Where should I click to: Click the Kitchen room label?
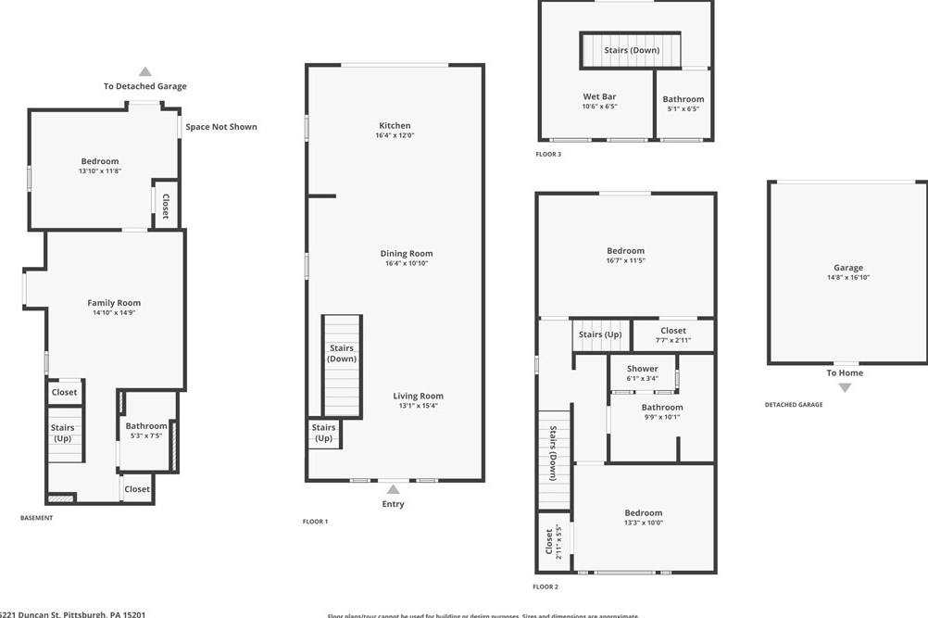click(395, 126)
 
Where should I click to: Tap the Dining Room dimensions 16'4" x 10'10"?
click(407, 264)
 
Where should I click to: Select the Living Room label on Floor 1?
click(418, 396)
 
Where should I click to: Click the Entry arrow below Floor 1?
click(394, 489)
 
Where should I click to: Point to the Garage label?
click(847, 268)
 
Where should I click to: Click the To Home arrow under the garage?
click(845, 387)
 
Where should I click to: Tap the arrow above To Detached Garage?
click(144, 71)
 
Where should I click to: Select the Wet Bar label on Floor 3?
click(599, 96)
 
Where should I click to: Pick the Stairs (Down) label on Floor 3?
click(632, 50)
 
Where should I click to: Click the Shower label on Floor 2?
click(642, 369)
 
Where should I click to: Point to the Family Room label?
click(114, 303)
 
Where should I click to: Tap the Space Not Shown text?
click(221, 127)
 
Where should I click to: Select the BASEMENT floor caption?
click(36, 518)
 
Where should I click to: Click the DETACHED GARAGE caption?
click(793, 405)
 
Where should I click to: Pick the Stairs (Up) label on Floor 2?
click(599, 334)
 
